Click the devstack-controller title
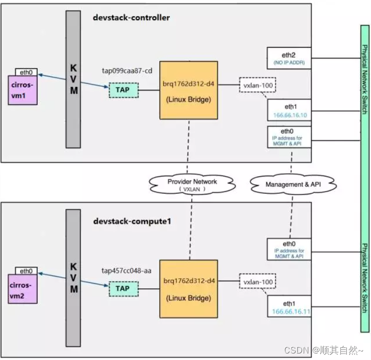coord(132,18)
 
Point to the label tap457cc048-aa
coord(127,271)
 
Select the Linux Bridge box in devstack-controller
coord(189,90)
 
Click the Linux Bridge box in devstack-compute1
coord(189,289)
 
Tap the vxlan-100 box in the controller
coord(258,84)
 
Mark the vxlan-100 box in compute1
coord(258,282)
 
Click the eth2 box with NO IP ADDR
coord(289,58)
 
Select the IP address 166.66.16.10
coord(289,115)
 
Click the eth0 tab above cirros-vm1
coord(27,72)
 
